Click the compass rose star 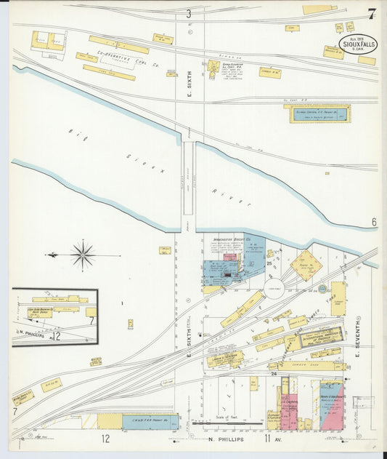pos(83,255)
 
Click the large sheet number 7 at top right pos(372,14)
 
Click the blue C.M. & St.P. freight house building pos(149,421)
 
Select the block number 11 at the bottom pos(266,439)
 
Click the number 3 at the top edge pos(189,14)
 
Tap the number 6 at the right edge pos(375,222)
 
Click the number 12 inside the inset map pos(55,336)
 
